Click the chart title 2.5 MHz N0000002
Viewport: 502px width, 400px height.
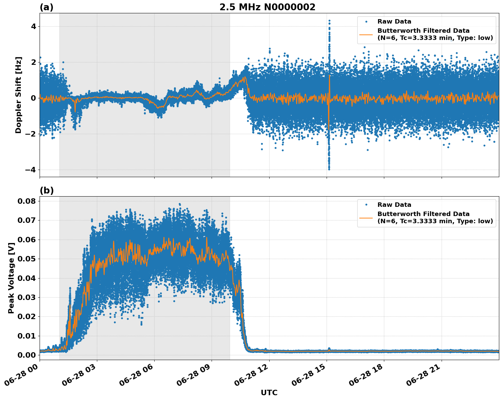pyautogui.click(x=267, y=7)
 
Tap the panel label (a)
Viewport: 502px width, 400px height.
pyautogui.click(x=46, y=7)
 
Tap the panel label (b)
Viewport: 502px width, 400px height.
pyautogui.click(x=46, y=190)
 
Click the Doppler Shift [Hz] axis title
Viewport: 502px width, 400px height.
pyautogui.click(x=18, y=95)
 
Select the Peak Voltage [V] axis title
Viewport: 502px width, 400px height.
pyautogui.click(x=11, y=278)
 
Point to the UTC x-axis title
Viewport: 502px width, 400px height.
pyautogui.click(x=269, y=392)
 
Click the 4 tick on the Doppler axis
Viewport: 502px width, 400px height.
pyautogui.click(x=33, y=27)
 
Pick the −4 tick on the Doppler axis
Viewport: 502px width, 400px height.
pyautogui.click(x=31, y=170)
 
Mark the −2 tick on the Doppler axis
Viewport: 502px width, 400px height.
pyautogui.click(x=31, y=134)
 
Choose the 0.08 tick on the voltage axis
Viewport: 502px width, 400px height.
pyautogui.click(x=26, y=201)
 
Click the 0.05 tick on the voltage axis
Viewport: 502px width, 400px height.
pyautogui.click(x=26, y=259)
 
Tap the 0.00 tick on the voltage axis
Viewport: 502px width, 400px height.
pyautogui.click(x=26, y=355)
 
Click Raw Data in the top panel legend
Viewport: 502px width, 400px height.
pyautogui.click(x=394, y=22)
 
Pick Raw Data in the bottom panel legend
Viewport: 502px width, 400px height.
pyautogui.click(x=394, y=205)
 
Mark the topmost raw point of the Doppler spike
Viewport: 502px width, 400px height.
pyautogui.click(x=329, y=20)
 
